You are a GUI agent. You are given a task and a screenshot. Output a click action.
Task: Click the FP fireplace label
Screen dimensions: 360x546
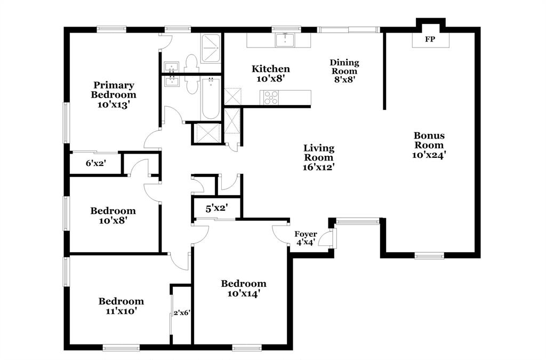[429, 39]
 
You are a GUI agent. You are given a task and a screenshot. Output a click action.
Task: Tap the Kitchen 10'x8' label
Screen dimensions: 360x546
[271, 73]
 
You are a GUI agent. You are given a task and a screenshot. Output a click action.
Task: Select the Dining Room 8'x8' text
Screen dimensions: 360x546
[344, 71]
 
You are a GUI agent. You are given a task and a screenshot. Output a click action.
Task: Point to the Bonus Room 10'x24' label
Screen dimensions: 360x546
[429, 146]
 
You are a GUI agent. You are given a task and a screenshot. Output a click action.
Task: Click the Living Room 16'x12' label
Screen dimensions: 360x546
[319, 157]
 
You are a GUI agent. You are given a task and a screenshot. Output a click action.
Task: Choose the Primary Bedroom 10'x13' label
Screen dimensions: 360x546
[114, 94]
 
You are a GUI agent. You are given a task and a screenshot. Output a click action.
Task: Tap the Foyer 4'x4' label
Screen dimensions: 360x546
[306, 238]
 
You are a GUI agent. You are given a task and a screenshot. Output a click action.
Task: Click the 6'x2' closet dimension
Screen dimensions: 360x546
[96, 164]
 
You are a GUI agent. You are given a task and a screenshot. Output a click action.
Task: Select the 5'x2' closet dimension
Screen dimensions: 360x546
[216, 207]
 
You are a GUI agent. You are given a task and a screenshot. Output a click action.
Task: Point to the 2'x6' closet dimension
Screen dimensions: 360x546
[182, 313]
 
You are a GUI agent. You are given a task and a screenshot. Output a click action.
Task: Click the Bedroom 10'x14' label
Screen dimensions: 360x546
[244, 288]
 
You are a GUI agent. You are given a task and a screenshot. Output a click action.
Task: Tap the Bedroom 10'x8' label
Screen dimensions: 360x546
[113, 215]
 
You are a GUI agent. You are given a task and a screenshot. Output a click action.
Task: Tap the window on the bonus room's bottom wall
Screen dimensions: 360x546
[429, 256]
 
